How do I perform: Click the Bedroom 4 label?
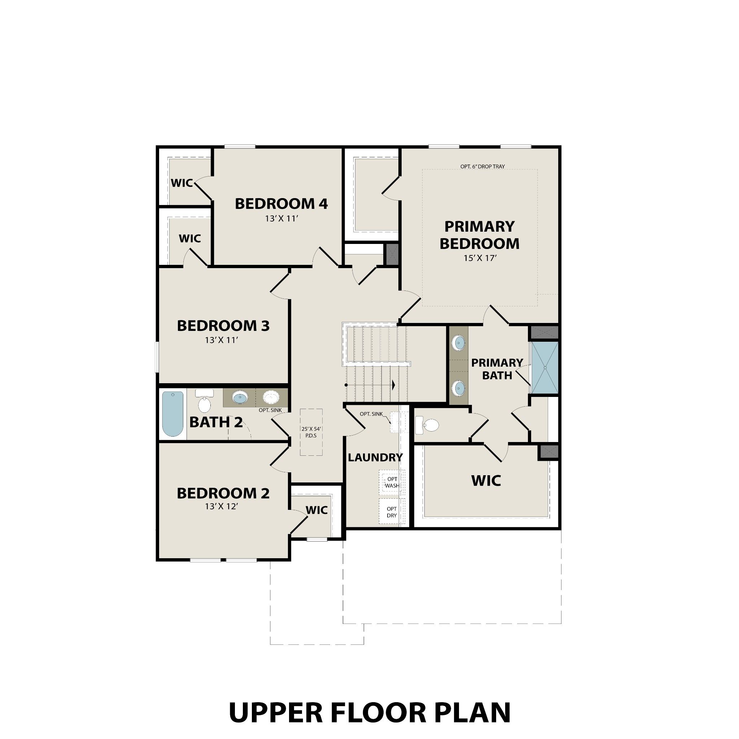[281, 204]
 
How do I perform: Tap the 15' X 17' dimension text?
[480, 258]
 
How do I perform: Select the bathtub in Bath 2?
[172, 414]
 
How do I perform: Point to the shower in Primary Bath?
[545, 368]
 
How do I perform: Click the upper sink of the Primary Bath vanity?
[458, 342]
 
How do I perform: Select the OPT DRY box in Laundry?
[392, 512]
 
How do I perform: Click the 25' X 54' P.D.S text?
[311, 432]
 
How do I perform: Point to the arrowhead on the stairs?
[393, 385]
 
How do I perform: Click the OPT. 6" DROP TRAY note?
[482, 166]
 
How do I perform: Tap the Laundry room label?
[375, 458]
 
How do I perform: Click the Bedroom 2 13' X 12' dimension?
[222, 506]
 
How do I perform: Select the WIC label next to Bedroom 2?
[317, 510]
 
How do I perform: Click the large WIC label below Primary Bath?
[486, 481]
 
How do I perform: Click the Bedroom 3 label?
[223, 326]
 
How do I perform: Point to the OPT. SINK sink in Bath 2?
[271, 397]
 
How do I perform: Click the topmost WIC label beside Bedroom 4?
[182, 183]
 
